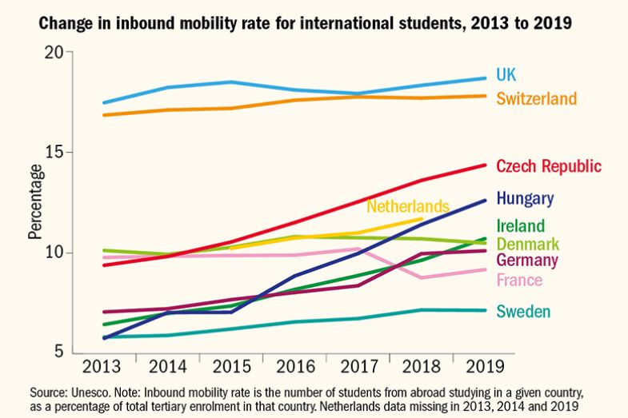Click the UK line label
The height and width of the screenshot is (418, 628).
pos(506,75)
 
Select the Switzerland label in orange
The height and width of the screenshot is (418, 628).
pos(536,98)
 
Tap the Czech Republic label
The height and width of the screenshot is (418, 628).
pos(548,166)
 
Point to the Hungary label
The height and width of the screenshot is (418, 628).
pos(525,198)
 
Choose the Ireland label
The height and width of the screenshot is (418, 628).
pos(520,226)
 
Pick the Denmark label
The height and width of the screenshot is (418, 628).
pos(527,244)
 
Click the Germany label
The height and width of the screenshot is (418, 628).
pos(527,261)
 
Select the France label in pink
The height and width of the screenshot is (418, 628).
pos(519,280)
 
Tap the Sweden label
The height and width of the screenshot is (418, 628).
pos(523,312)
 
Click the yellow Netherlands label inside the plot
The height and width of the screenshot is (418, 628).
pos(408,206)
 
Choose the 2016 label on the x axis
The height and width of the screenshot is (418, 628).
pos(294,368)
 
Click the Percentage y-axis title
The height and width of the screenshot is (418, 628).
pos(35,201)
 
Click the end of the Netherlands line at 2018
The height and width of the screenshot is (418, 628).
pos(422,218)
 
